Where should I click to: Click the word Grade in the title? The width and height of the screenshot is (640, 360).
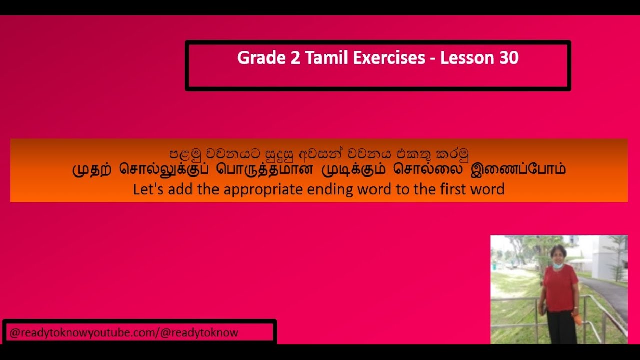256,58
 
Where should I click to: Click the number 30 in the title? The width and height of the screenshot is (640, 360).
509,58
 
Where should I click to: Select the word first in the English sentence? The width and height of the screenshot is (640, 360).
452,189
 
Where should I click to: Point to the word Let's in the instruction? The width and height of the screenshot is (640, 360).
146,189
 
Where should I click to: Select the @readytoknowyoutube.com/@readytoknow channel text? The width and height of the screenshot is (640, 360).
124,333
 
